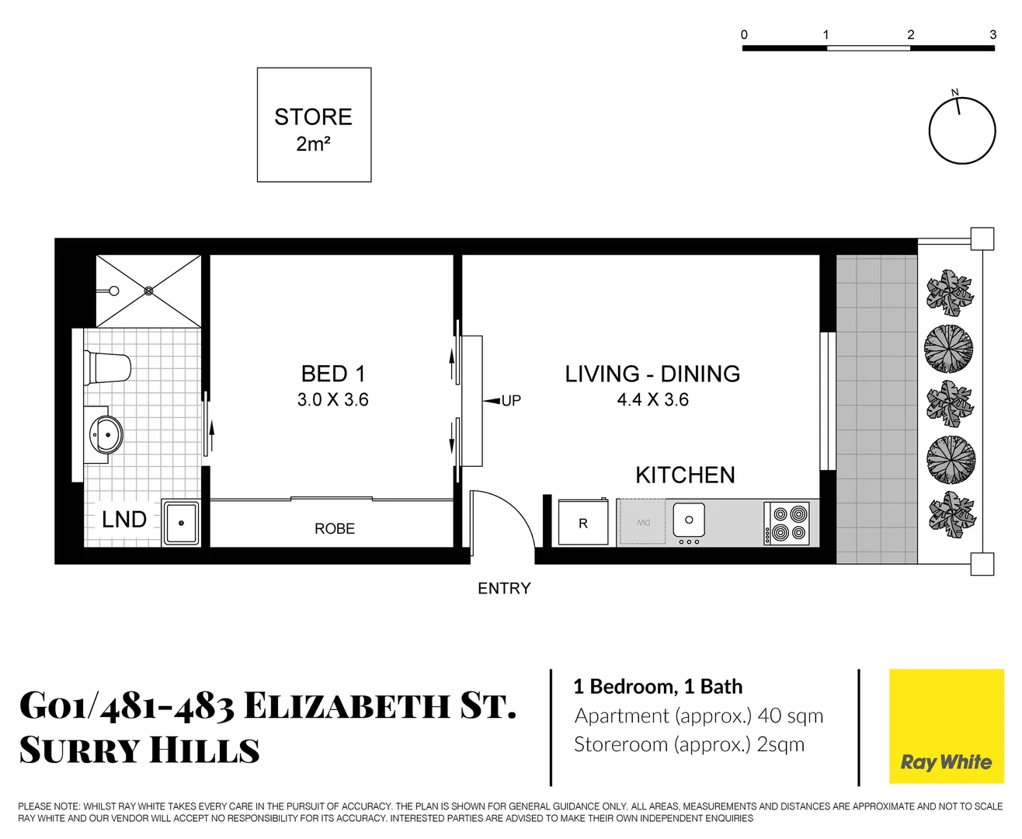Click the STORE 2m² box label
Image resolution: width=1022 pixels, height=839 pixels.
(x=314, y=129)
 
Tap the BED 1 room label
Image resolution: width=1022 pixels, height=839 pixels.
(x=332, y=374)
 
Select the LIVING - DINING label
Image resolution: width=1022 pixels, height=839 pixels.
(x=652, y=374)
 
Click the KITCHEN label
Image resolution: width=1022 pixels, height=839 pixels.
(x=685, y=475)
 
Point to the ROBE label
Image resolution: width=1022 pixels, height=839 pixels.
(x=335, y=528)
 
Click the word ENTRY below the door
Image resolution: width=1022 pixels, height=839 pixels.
(x=504, y=588)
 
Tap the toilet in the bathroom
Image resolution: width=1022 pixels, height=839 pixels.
(x=109, y=367)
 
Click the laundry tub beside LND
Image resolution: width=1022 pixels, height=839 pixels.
(x=181, y=523)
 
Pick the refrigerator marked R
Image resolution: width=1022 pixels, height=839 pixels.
(x=583, y=523)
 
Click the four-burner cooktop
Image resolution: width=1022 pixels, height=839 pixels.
(x=787, y=523)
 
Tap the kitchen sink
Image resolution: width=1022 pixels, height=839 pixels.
(x=688, y=520)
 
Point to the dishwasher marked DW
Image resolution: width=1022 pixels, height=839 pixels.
(x=642, y=523)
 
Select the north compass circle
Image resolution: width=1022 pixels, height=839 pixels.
(x=962, y=131)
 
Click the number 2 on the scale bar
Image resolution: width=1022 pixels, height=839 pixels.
(x=911, y=34)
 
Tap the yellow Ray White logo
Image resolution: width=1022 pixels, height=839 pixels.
(x=946, y=726)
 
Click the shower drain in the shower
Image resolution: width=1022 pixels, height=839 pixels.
(x=148, y=291)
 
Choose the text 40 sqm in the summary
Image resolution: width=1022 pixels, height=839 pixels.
(x=791, y=715)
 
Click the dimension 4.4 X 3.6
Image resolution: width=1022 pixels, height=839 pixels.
(x=652, y=399)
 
